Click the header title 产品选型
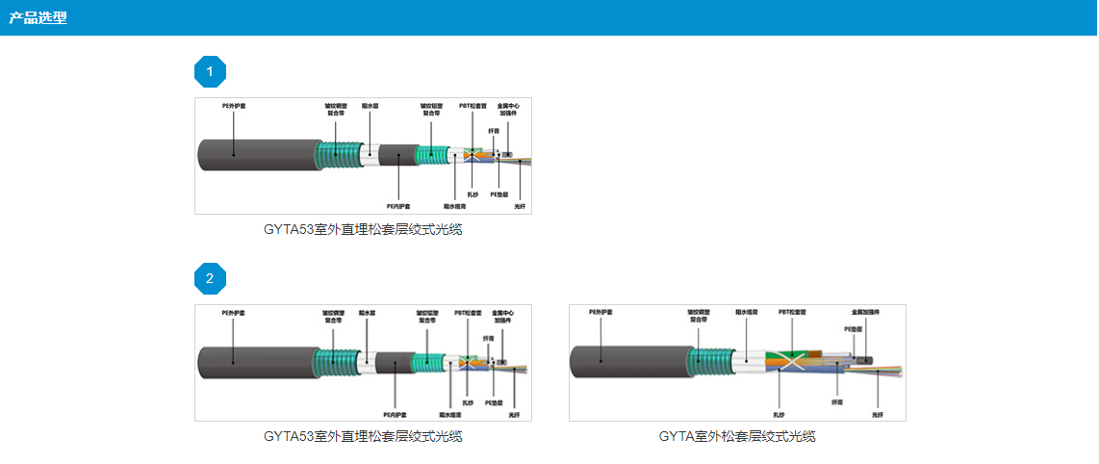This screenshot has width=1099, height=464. coord(38,18)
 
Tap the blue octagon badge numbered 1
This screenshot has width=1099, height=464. coord(210,71)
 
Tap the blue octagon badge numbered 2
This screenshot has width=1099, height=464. coord(210,279)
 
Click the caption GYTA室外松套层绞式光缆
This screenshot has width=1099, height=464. coord(737,436)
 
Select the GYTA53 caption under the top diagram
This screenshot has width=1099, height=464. coord(363,229)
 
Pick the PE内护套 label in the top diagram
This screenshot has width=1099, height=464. coord(398,206)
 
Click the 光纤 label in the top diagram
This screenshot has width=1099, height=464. coord(520,206)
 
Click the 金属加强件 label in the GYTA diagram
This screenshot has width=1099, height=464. coord(865,312)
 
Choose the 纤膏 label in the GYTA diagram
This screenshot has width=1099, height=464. coord(837,402)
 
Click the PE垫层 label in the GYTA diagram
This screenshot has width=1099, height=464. coord(854,328)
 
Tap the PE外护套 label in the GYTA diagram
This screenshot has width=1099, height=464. coord(601,312)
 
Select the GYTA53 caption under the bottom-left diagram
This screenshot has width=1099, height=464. coord(363,436)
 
